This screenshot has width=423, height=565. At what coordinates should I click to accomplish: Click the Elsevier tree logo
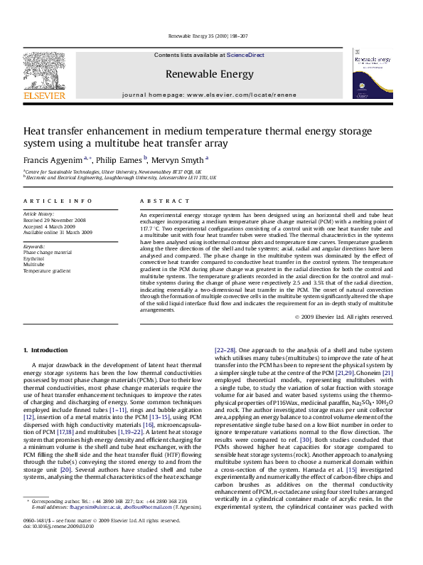(44, 68)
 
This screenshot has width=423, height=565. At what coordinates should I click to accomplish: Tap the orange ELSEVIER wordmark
(44, 95)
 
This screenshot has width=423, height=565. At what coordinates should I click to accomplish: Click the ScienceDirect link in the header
(245, 55)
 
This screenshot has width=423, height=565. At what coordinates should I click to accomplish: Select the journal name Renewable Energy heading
(209, 74)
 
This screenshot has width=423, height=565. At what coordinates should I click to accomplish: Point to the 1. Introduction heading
(45, 350)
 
